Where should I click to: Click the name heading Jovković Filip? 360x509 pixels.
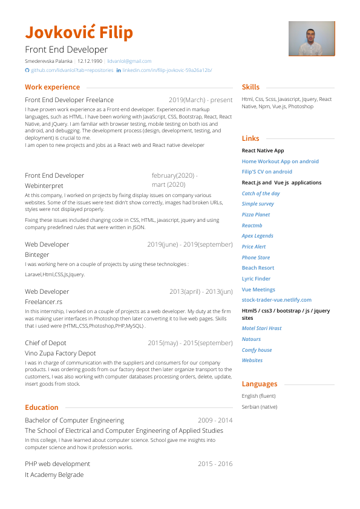[x=79, y=32]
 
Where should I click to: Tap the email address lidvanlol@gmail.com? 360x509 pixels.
[x=129, y=61]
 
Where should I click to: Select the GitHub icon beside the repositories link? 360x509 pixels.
[x=27, y=70]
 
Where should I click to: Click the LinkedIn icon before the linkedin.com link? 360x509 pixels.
[x=119, y=70]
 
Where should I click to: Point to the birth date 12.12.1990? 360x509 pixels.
[x=90, y=61]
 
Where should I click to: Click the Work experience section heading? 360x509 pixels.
[x=52, y=87]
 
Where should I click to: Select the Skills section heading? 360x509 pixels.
[x=250, y=87]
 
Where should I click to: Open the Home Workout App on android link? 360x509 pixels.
[x=280, y=161]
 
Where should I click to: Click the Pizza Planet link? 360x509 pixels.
[x=256, y=215]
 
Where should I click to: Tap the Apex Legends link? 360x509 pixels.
[x=257, y=236]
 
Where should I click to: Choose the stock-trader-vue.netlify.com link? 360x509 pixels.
[x=277, y=300]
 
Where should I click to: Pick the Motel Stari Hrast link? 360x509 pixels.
[x=261, y=328]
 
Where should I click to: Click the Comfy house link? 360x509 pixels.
[x=257, y=350]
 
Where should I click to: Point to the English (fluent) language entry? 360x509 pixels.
[x=258, y=396]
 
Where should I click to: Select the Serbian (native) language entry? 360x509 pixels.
[x=260, y=407]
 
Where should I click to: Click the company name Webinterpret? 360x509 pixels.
[x=44, y=186]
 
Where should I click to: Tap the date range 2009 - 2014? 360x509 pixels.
[x=215, y=420]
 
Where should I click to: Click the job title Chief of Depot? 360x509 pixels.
[x=46, y=343]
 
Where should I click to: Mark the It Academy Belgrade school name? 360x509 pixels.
[x=54, y=475]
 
